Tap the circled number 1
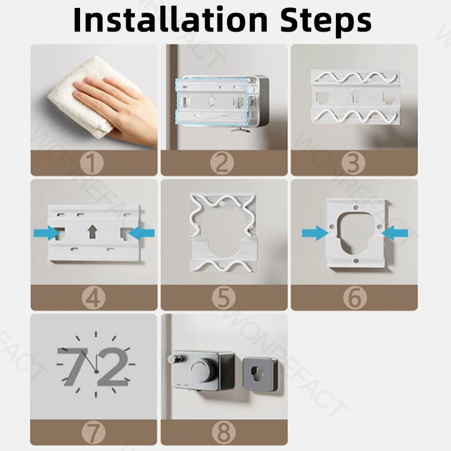(x=92, y=163)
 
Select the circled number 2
(x=222, y=163)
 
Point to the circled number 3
(x=353, y=163)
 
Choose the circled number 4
(x=93, y=298)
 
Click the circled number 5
(x=223, y=298)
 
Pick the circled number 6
(x=355, y=298)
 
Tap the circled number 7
(x=93, y=432)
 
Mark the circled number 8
(x=223, y=432)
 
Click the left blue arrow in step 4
(x=47, y=233)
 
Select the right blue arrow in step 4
(x=142, y=233)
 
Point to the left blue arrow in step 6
(x=315, y=233)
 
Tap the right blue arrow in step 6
(x=395, y=233)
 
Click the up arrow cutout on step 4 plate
(x=92, y=232)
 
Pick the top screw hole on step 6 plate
(x=356, y=207)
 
